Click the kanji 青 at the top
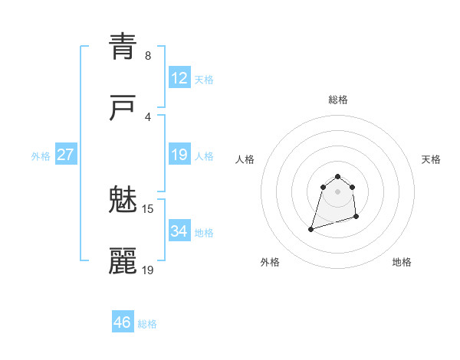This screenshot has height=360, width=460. tap(123, 47)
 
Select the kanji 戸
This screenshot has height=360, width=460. tap(123, 109)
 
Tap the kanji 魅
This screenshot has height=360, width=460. tap(123, 201)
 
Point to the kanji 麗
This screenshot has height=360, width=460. tap(123, 262)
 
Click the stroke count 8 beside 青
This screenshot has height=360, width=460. tap(148, 56)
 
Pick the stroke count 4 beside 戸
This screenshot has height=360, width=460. tap(148, 117)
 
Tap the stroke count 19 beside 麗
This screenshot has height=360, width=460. tap(148, 270)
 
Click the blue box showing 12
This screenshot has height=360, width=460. tap(179, 78)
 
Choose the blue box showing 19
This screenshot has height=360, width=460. tap(179, 155)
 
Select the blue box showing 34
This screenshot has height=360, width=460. tap(179, 231)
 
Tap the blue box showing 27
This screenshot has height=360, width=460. tap(65, 155)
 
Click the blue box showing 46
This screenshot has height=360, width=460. tap(123, 322)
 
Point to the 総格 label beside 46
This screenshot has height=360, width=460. tap(147, 324)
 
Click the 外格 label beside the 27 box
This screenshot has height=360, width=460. tap(41, 156)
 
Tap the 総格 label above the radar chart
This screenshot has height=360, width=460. tap(338, 100)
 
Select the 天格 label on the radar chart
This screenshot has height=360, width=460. tap(431, 159)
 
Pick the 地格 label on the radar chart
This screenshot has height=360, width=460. tap(402, 262)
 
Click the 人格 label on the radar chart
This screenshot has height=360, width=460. tap(245, 159)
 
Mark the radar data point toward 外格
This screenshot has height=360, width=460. tap(311, 228)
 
